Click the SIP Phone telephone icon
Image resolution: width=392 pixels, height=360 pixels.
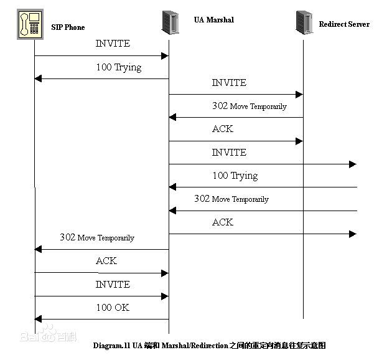(x=30, y=24)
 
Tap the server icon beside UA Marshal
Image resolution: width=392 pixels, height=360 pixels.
(x=170, y=22)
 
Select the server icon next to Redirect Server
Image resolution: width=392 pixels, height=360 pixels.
(x=304, y=22)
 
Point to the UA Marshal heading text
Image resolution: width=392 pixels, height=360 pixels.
(x=214, y=20)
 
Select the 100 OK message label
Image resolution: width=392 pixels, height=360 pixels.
(x=113, y=308)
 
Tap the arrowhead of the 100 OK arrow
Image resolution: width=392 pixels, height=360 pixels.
(x=38, y=319)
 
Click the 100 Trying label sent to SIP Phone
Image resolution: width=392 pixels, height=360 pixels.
(x=119, y=67)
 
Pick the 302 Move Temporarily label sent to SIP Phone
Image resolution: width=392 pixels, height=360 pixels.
(x=97, y=237)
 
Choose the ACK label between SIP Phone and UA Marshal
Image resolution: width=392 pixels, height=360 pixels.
(x=106, y=261)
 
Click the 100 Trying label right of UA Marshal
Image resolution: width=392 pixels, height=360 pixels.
(x=235, y=176)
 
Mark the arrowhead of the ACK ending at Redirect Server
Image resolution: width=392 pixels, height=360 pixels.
(x=299, y=141)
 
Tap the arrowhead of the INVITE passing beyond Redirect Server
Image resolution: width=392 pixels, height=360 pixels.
(x=353, y=164)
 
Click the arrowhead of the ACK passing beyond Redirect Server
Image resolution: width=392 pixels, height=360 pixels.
(x=353, y=234)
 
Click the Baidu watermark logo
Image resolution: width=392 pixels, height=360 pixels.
(x=49, y=334)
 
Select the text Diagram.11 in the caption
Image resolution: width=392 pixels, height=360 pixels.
(x=111, y=346)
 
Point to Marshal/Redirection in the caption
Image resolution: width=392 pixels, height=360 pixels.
(x=195, y=346)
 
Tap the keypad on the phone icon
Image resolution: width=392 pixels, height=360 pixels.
(x=34, y=28)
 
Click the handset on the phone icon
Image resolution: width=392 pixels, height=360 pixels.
(x=24, y=24)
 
